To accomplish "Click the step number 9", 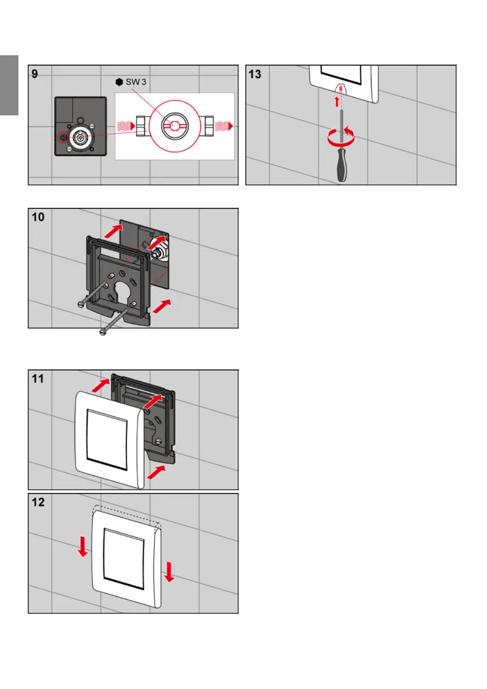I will pyautogui.click(x=35, y=74).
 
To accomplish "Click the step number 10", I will pyautogui.click(x=38, y=217).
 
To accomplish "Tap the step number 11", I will pyautogui.click(x=38, y=378).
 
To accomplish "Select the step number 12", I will pyautogui.click(x=38, y=502).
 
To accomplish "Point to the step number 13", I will pyautogui.click(x=255, y=74).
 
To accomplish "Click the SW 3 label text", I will pyautogui.click(x=136, y=82).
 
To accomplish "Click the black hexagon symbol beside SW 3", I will pyautogui.click(x=119, y=82).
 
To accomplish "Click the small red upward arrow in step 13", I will pyautogui.click(x=337, y=101).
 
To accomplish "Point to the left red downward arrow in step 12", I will pyautogui.click(x=83, y=547).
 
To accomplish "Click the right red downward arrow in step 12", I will pyautogui.click(x=169, y=572).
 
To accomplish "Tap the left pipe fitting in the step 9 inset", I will pyautogui.click(x=142, y=126).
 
